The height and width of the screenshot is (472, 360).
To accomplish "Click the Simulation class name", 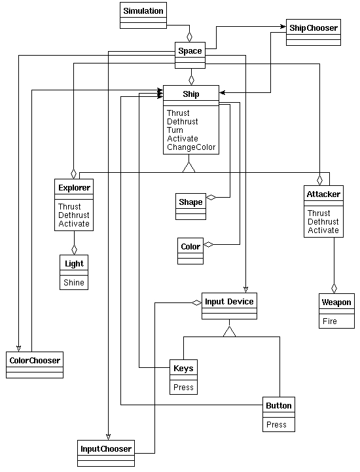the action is (x=143, y=11).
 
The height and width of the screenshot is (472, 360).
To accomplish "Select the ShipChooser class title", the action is (x=314, y=28).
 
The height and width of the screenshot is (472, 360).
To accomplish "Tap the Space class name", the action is (x=190, y=51).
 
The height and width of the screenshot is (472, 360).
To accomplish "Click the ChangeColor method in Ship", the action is (x=191, y=147).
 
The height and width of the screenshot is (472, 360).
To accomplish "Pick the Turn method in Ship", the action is (x=175, y=130).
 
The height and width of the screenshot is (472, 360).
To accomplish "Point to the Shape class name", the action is (x=190, y=202).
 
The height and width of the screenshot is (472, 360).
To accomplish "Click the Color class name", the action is (x=190, y=247).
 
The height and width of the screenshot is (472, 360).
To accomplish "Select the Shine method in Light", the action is (x=74, y=282).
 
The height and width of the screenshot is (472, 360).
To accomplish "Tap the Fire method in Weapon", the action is (x=330, y=321).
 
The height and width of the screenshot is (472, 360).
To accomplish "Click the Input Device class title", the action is (x=229, y=302).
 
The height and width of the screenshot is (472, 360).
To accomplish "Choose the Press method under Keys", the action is (x=183, y=387).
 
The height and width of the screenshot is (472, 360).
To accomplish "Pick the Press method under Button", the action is (x=276, y=424).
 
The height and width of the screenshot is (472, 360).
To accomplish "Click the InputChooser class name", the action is (x=106, y=449).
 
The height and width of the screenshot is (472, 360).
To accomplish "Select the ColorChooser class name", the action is (x=35, y=360).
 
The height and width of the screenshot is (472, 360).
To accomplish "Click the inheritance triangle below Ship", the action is (x=189, y=167).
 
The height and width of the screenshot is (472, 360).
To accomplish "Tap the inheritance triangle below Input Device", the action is (x=229, y=331).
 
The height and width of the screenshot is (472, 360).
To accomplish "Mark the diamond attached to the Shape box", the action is (x=211, y=198).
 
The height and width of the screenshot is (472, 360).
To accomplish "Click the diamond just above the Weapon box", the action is (x=334, y=288).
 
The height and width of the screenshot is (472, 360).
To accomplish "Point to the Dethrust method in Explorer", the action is (x=74, y=215).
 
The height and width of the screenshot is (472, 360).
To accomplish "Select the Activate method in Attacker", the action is (x=323, y=230).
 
